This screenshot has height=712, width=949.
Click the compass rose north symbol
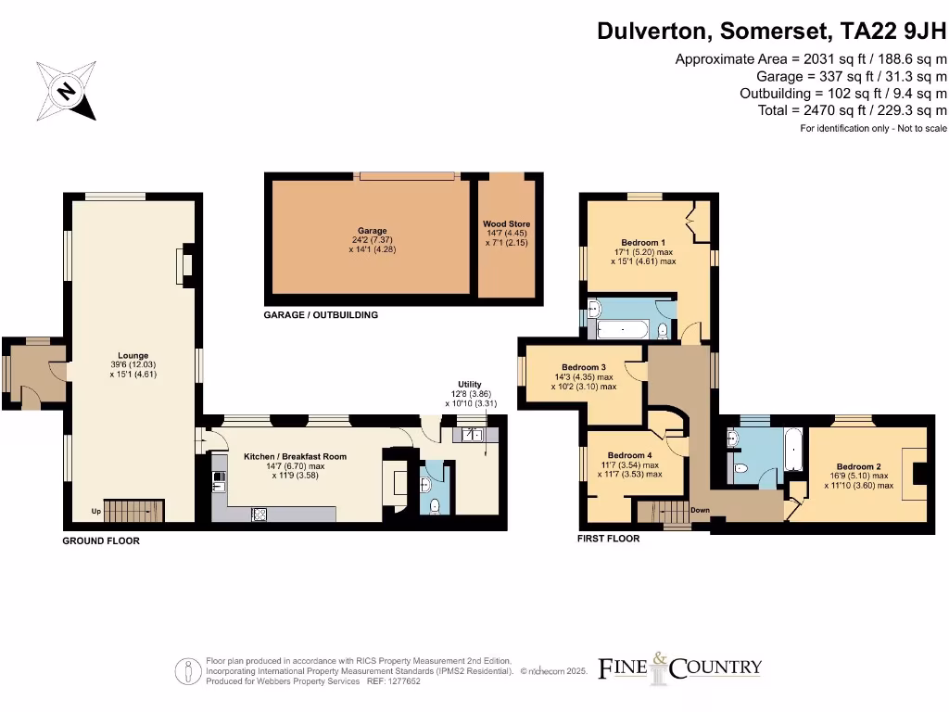click(66, 91)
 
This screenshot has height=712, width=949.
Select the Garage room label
click(372, 231)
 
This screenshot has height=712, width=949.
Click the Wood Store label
click(506, 224)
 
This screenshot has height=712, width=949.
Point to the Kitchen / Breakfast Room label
click(295, 457)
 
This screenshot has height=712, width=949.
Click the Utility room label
click(469, 385)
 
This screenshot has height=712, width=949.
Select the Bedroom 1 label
click(643, 243)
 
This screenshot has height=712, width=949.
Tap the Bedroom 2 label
click(858, 466)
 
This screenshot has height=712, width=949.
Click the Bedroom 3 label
click(584, 367)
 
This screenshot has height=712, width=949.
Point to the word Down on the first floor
click(700, 510)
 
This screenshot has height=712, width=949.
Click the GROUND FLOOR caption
click(101, 540)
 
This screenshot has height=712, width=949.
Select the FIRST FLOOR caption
click(608, 538)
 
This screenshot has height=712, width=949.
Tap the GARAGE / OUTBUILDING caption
click(321, 315)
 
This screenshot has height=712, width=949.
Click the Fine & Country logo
click(679, 667)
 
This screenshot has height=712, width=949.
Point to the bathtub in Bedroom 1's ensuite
click(623, 329)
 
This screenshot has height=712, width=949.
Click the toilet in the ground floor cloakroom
click(436, 505)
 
